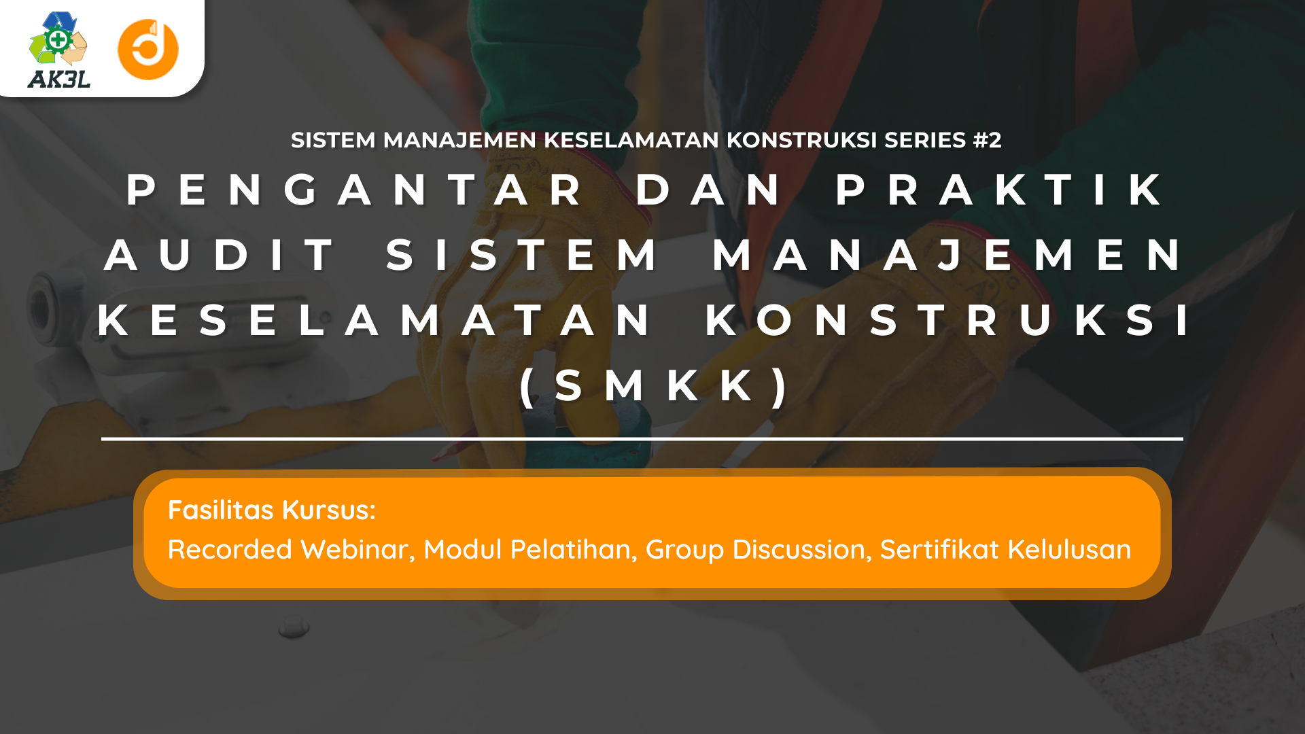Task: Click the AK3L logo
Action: pyautogui.click(x=59, y=50)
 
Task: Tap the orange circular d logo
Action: pyautogui.click(x=148, y=50)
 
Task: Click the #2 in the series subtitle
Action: pyautogui.click(x=987, y=140)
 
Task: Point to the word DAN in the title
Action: pyautogui.click(x=709, y=190)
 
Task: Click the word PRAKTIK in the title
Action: pyautogui.click(x=999, y=190)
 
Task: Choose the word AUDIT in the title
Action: pyautogui.click(x=219, y=255)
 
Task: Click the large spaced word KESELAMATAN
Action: pyautogui.click(x=374, y=320)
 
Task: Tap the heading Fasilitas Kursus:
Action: pyautogui.click(x=272, y=510)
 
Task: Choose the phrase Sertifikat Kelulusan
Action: pyautogui.click(x=1005, y=549)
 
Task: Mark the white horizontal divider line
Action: pyautogui.click(x=642, y=439)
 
